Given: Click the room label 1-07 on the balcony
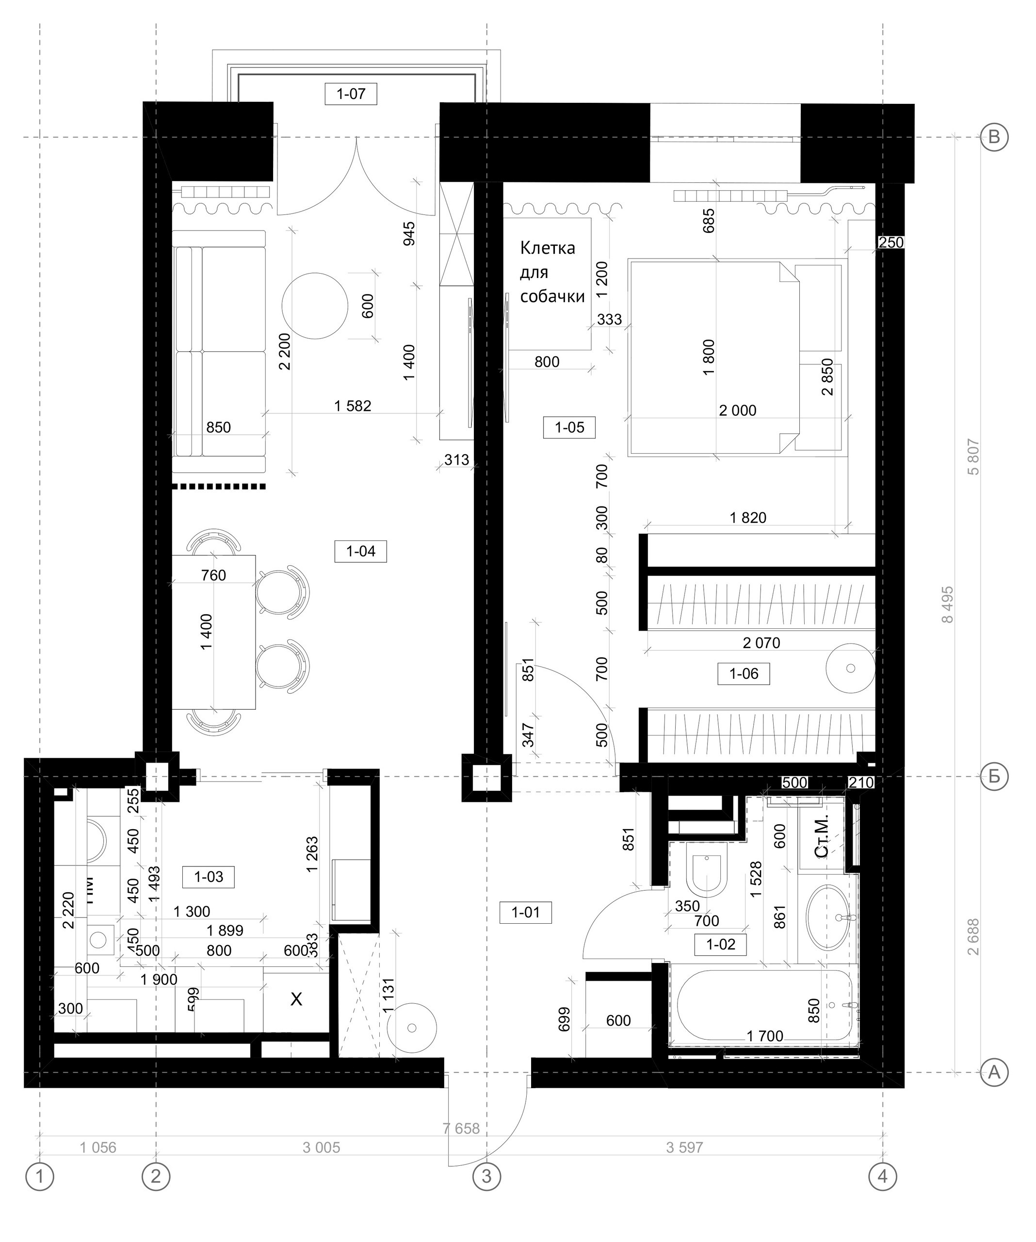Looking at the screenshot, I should tap(351, 94).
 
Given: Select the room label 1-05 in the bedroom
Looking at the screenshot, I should tap(569, 427).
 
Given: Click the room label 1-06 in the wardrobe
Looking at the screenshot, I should tap(744, 673).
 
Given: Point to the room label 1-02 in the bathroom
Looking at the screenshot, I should tap(720, 945).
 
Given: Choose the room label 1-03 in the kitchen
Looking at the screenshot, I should tap(208, 877).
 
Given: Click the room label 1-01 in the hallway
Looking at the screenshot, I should tap(525, 913).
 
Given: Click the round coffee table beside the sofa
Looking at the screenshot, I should tap(315, 306).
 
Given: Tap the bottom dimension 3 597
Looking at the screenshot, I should tap(684, 1148).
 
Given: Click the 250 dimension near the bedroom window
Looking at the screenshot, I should tap(891, 243).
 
